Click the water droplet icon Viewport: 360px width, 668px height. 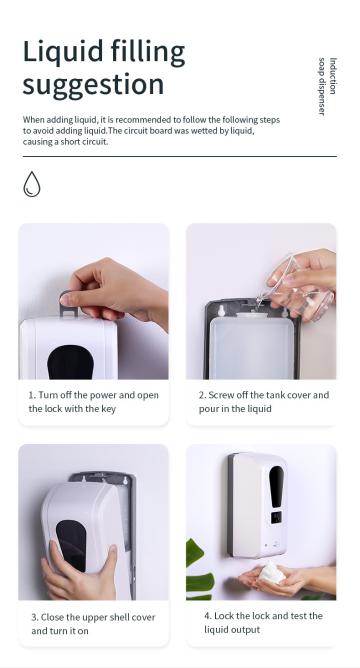click(x=32, y=184)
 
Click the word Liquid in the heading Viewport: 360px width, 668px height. click(x=63, y=52)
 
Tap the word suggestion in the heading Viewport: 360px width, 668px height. click(x=93, y=85)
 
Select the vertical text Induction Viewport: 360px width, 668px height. click(x=333, y=76)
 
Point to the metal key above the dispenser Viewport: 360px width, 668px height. click(x=67, y=304)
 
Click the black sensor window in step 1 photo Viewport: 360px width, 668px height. click(x=70, y=362)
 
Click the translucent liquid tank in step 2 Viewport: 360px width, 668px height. click(x=252, y=346)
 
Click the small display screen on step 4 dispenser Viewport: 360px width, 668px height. click(x=276, y=517)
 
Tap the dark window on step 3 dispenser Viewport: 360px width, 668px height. click(x=71, y=544)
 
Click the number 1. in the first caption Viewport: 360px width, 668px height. click(x=32, y=395)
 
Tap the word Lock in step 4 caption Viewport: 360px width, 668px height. click(x=224, y=616)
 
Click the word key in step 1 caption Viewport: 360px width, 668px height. click(x=108, y=409)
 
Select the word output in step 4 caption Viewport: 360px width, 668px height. click(x=246, y=630)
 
